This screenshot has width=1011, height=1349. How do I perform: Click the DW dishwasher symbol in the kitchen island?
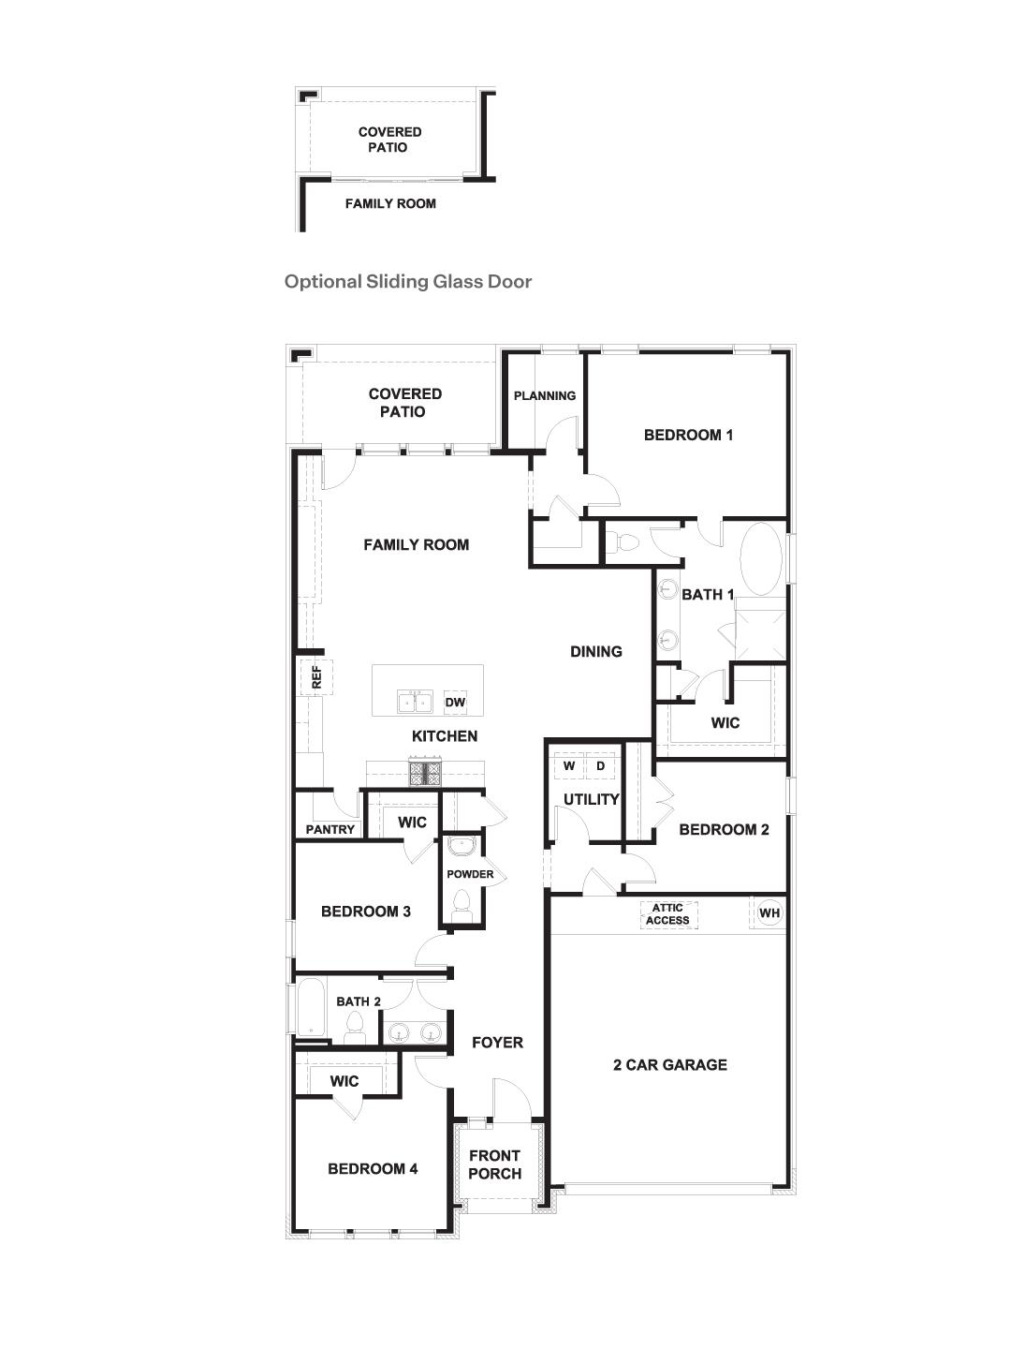coord(455,703)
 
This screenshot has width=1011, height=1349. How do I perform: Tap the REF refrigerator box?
coord(315,676)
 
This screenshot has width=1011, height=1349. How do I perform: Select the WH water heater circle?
coord(769,913)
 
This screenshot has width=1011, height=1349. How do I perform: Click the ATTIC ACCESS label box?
coord(667,914)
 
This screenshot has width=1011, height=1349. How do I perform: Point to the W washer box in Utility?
coord(569,766)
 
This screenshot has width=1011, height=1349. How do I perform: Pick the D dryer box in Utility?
coord(601,766)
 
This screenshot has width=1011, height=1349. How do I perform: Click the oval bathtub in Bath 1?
coord(761,558)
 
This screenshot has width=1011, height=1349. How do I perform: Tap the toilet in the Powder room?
coord(461,903)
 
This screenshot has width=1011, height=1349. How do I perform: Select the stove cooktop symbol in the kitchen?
coord(425,772)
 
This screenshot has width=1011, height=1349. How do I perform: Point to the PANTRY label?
coord(330,829)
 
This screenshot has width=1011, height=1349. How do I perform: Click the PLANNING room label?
coord(545,395)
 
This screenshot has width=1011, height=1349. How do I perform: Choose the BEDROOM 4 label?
coord(373,1168)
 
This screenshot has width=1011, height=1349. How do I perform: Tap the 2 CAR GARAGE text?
coord(670,1064)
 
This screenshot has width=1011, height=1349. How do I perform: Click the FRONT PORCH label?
coord(494,1164)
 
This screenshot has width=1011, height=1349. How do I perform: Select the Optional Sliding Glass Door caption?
coord(408,281)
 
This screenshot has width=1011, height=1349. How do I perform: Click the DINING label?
coord(596,651)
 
